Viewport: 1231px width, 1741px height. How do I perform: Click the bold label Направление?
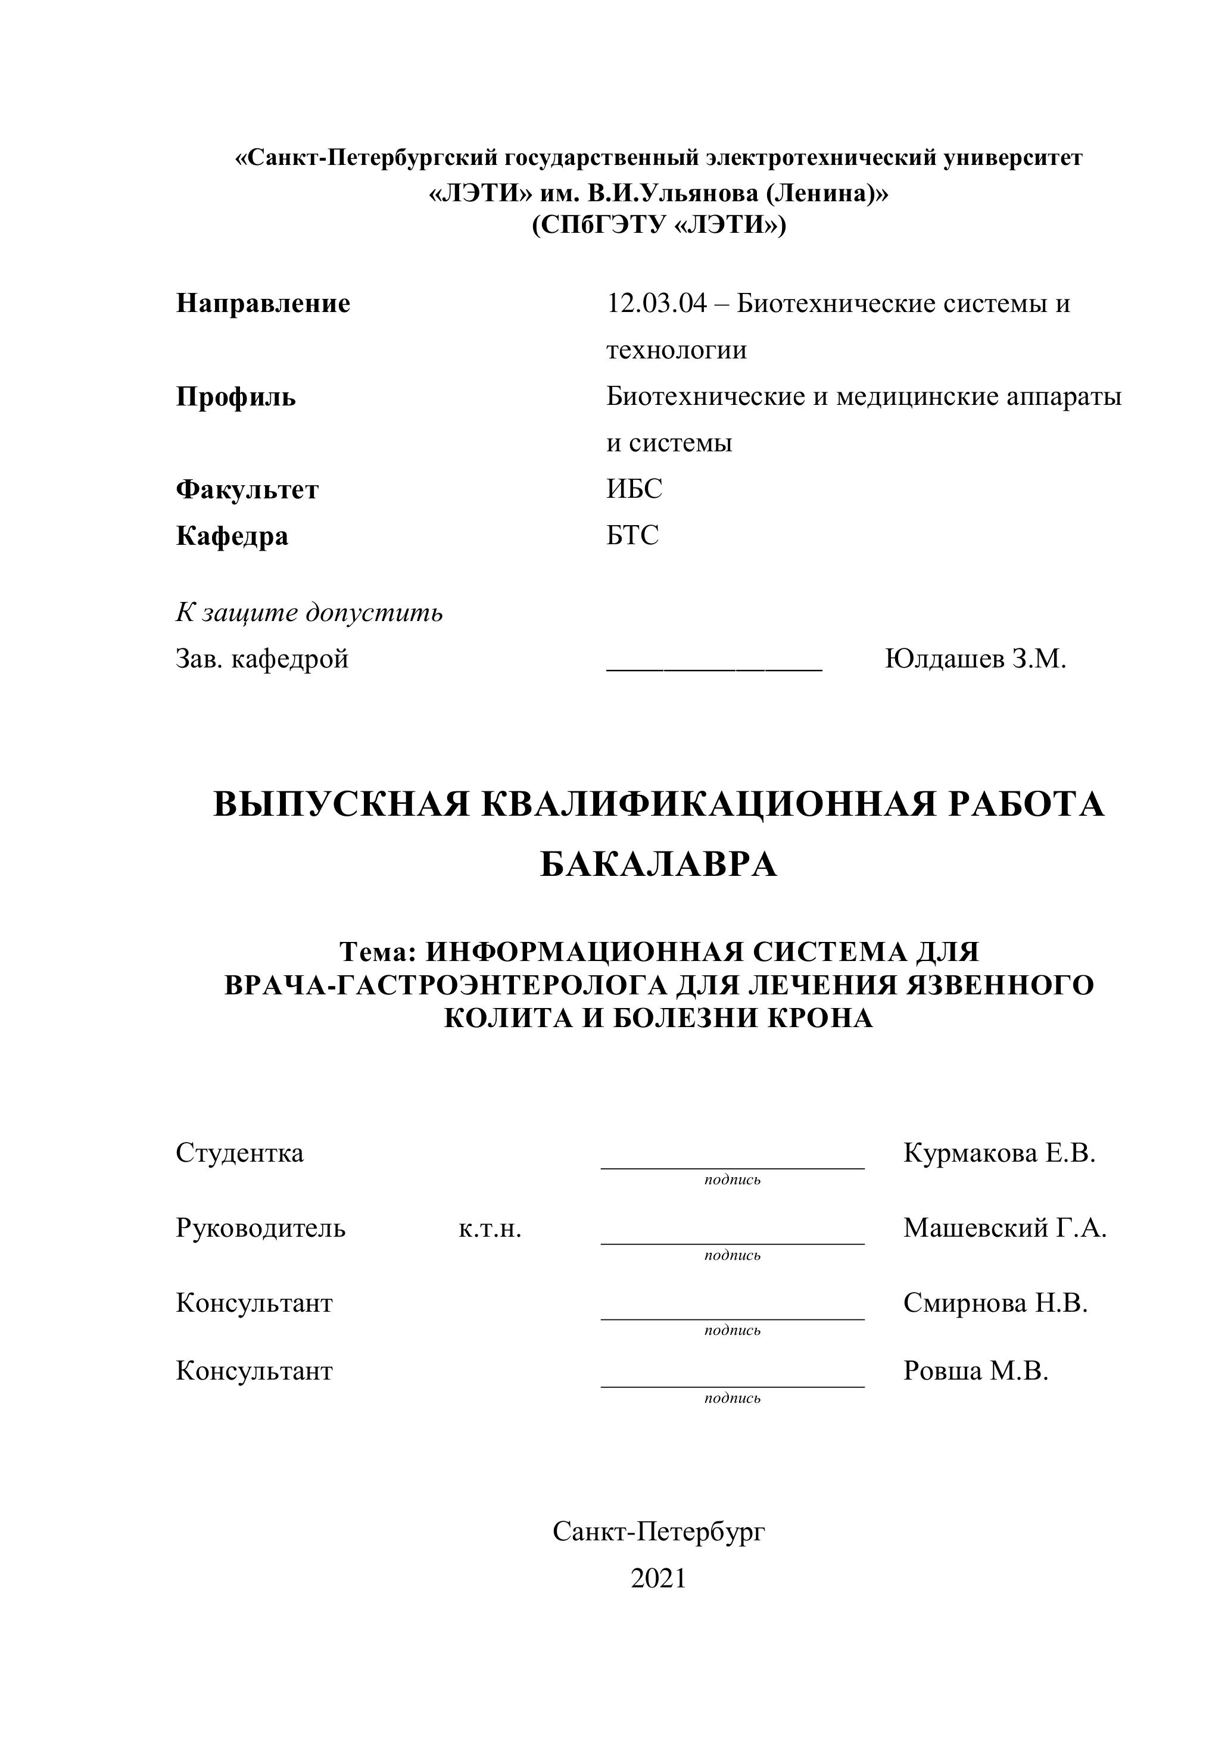click(x=263, y=303)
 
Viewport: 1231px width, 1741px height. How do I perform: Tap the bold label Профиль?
click(x=236, y=397)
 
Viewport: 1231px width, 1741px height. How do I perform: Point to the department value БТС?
click(x=632, y=535)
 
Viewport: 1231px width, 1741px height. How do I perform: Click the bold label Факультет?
click(x=247, y=490)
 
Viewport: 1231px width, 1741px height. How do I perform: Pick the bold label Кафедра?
click(x=232, y=536)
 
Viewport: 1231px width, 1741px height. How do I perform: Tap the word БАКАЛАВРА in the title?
click(x=658, y=865)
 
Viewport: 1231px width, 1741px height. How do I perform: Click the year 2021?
click(x=658, y=1578)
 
